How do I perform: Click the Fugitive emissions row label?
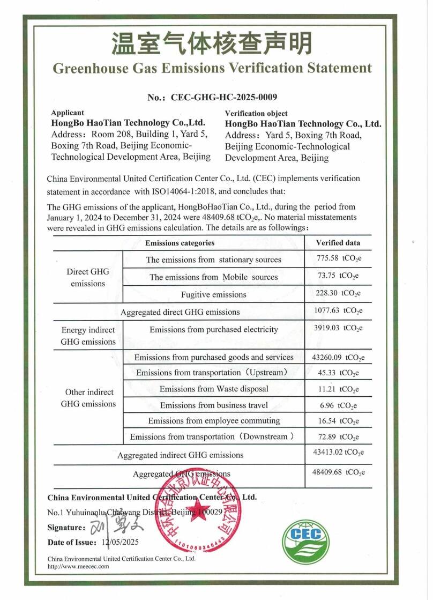point(213,294)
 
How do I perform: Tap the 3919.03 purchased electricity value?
point(340,328)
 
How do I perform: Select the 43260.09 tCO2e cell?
point(340,357)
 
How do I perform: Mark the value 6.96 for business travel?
point(339,405)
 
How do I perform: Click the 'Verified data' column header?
point(338,243)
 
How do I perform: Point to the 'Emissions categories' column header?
point(180,243)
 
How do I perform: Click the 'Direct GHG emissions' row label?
point(88,277)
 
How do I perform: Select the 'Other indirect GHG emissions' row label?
point(88,398)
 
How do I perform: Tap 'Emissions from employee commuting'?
point(214,421)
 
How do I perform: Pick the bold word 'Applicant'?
point(68,113)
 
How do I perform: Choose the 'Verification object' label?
point(256,113)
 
